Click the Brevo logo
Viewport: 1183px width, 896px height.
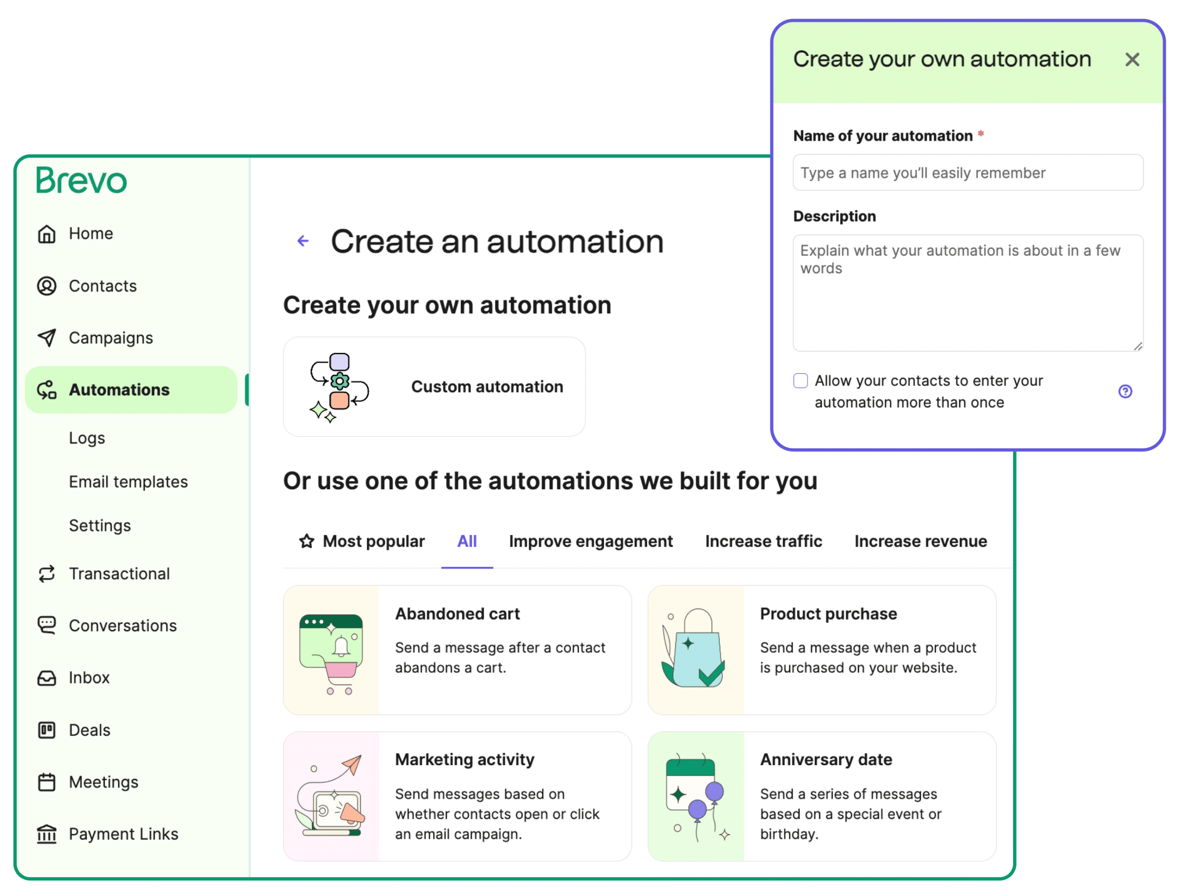pos(81,180)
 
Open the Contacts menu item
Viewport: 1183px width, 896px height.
pos(102,286)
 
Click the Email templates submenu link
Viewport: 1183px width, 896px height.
pos(128,482)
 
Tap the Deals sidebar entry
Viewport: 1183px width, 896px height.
pos(89,730)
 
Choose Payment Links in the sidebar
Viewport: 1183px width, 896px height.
pos(123,834)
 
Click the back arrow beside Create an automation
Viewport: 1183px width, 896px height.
pos(303,241)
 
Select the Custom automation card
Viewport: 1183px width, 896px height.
pos(434,387)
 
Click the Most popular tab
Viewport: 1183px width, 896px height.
pos(362,541)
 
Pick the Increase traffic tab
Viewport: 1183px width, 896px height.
pos(763,541)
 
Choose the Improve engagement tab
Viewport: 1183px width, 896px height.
pos(591,541)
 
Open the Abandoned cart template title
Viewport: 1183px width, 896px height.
pos(457,614)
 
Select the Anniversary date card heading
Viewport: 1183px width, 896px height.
pos(826,760)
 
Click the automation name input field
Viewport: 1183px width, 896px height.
pos(968,173)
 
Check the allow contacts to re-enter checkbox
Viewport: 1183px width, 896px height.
pos(800,381)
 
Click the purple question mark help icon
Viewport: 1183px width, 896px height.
pos(1125,392)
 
